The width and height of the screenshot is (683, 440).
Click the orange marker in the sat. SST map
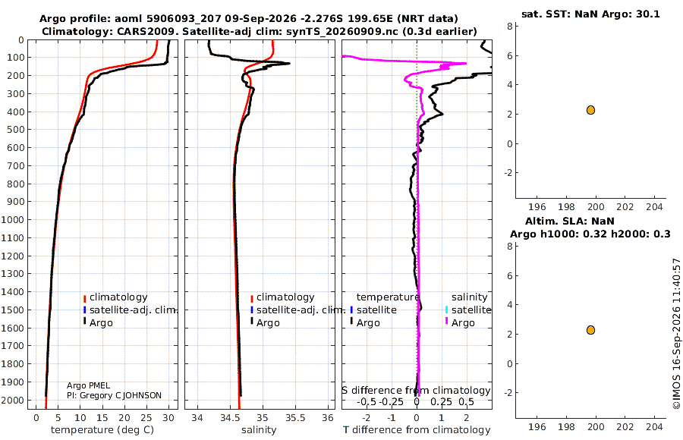click(590, 110)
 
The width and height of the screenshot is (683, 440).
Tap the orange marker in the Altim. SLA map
click(590, 330)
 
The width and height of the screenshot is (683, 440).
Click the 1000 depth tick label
click(12, 219)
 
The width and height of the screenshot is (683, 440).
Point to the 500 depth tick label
click(15, 130)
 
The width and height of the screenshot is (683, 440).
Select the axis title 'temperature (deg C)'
click(102, 430)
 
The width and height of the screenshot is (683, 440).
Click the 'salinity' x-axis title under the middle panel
click(259, 430)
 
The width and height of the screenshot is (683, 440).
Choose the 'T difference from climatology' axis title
click(417, 430)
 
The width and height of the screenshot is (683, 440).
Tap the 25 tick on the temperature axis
click(146, 418)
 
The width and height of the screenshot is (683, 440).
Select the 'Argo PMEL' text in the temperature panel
click(89, 385)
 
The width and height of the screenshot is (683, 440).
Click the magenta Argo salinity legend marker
click(446, 322)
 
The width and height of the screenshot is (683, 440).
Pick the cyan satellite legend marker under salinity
click(446, 310)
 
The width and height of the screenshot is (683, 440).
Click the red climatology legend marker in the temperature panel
click(84, 298)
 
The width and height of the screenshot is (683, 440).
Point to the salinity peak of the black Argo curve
click(289, 64)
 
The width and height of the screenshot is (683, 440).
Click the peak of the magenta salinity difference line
click(466, 63)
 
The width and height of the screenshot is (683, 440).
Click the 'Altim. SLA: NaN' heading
click(570, 221)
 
